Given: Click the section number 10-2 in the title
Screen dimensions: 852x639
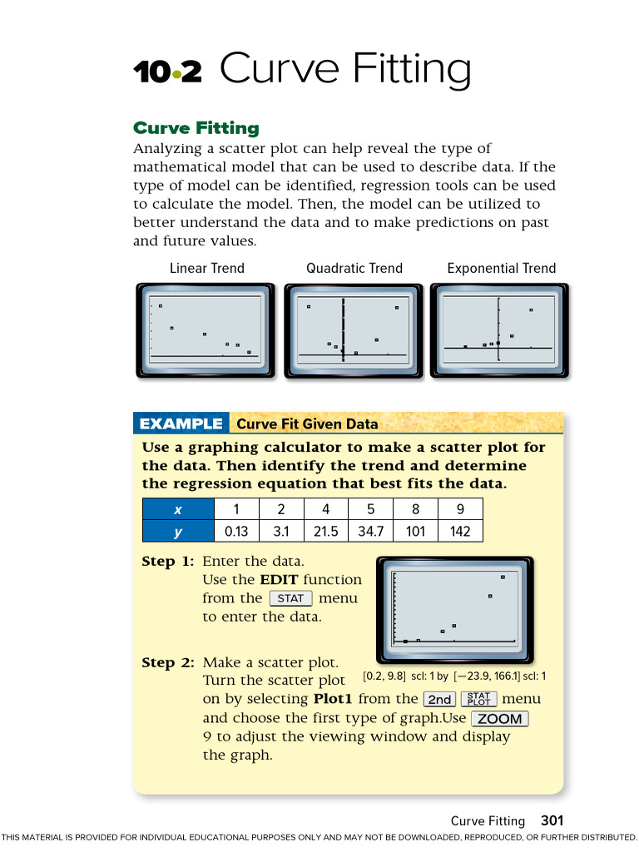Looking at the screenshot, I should coord(167,73).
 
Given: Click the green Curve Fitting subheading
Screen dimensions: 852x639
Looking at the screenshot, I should coord(196,128).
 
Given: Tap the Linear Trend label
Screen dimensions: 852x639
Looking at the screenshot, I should coord(207,268).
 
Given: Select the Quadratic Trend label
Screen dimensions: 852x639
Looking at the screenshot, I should coord(354,268).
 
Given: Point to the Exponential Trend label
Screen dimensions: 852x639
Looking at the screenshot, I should coord(501,268).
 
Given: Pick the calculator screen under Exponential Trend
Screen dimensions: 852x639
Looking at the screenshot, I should coord(499,330).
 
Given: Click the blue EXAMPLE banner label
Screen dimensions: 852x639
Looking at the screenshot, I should coord(181,424).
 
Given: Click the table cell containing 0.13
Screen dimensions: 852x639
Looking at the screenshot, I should coord(236,531).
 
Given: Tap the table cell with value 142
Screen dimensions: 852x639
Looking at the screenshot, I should coord(459,531).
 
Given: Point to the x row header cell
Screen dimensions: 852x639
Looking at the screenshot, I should coord(177,509).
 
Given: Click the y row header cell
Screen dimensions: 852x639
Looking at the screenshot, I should coord(177,531).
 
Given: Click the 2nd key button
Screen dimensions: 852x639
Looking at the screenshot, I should coord(439,700).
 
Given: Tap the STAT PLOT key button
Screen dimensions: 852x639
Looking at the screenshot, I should coord(478,700).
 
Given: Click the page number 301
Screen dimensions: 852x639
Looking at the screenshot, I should coord(552,820).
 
